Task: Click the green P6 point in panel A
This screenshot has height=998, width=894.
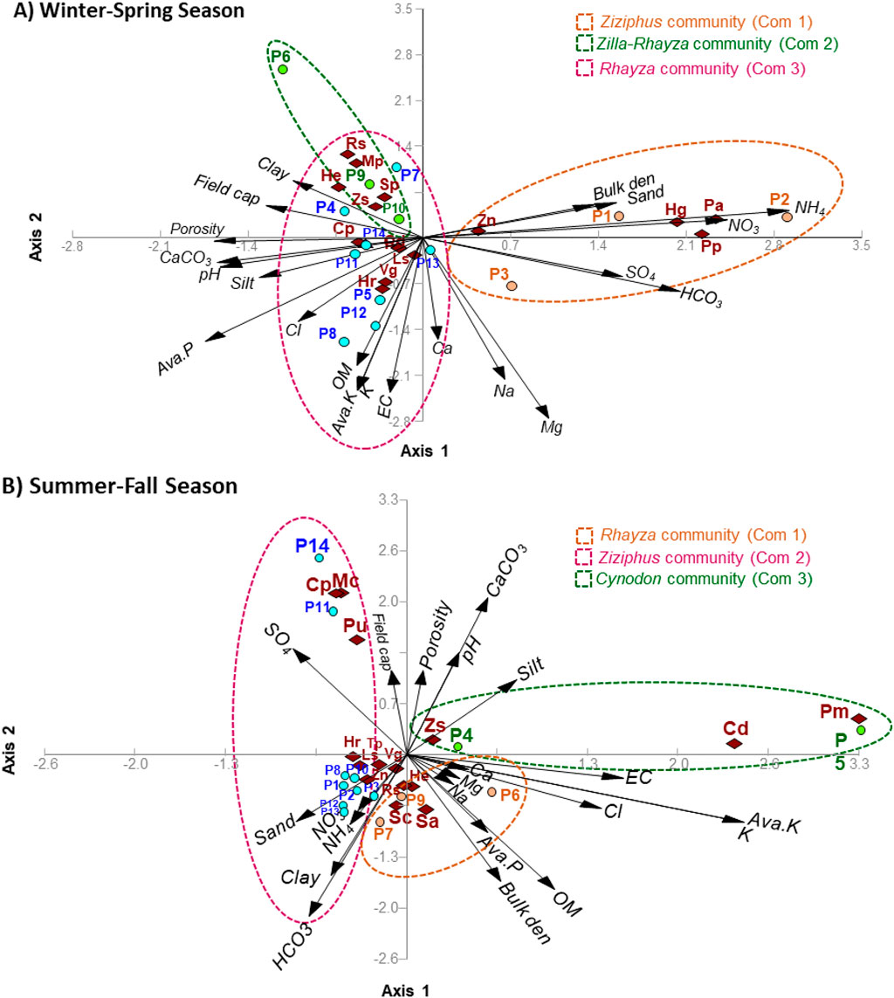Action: (283, 69)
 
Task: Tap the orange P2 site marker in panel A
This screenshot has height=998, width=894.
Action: (787, 217)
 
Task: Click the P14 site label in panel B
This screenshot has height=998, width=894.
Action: (312, 545)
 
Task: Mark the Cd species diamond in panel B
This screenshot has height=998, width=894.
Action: (734, 744)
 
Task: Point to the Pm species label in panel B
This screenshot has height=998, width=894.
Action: (834, 712)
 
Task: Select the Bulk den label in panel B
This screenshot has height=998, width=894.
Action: (518, 911)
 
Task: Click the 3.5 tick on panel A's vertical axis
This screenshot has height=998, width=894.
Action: (402, 10)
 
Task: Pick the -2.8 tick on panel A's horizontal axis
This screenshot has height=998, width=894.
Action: (72, 247)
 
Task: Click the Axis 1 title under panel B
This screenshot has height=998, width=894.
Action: (405, 990)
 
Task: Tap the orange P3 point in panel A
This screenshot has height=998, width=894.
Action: (512, 286)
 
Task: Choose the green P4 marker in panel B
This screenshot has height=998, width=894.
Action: (457, 746)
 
